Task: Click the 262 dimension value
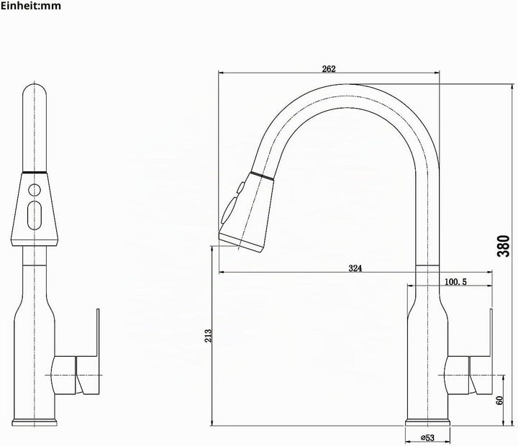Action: [329, 69]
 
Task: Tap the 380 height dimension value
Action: [504, 246]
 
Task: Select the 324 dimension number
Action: [355, 268]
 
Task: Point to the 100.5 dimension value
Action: [455, 282]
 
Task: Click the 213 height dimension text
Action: [208, 336]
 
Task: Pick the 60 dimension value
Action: [499, 401]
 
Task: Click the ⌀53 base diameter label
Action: [427, 438]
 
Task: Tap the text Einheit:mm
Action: [31, 6]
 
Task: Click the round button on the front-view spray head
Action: [35, 191]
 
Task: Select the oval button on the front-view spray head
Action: [35, 215]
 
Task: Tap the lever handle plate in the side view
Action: [491, 333]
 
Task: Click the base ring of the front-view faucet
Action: [35, 422]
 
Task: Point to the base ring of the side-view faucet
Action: [427, 422]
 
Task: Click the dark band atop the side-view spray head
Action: [263, 176]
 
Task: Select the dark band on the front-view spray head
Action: [35, 172]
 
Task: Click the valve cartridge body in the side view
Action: [458, 376]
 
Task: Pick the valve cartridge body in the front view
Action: [64, 376]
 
